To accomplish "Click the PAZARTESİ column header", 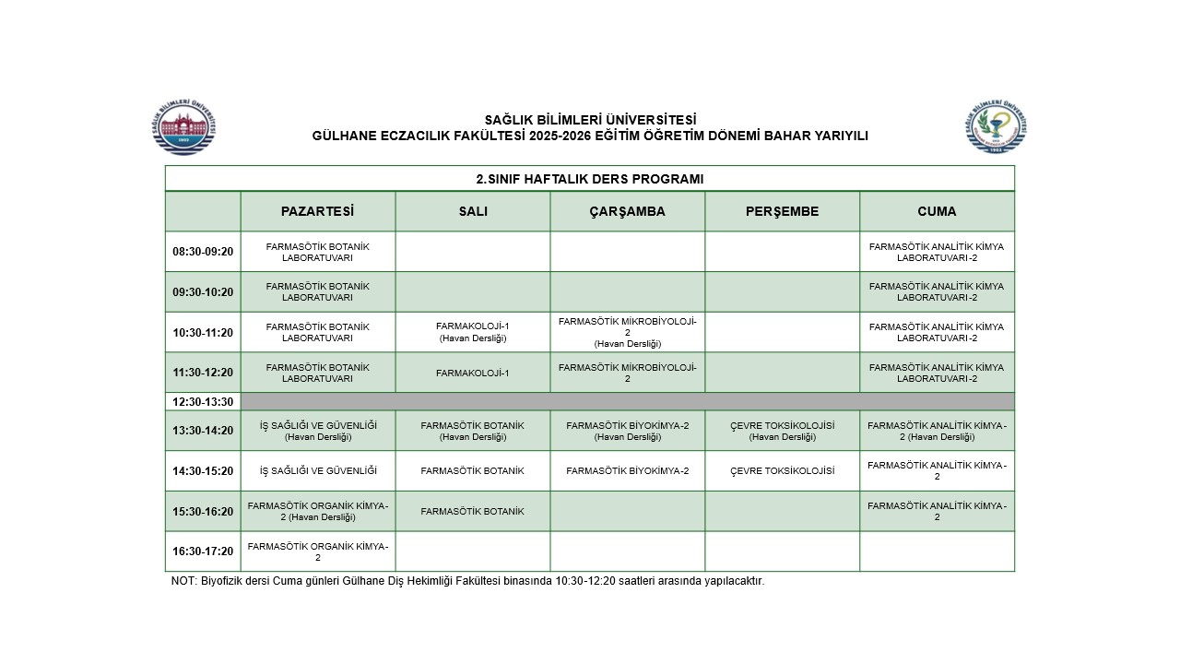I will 317,211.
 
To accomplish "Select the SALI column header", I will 473,211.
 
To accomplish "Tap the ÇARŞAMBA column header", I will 627,211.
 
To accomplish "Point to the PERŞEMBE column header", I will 782,211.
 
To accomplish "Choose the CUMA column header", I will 937,211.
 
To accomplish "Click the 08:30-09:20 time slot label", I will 203,252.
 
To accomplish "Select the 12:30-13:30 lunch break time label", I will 203,402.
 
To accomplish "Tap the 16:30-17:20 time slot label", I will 203,551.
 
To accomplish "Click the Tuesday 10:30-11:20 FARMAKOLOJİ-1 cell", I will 473,332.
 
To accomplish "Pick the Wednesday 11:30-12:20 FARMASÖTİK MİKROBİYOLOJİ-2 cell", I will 627,373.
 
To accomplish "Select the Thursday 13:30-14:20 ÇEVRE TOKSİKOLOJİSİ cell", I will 782,431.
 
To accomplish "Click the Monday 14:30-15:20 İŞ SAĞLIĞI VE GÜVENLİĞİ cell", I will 318,471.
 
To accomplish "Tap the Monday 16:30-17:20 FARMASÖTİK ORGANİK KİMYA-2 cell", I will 318,551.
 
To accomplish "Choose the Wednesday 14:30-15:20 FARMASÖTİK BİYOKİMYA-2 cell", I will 627,471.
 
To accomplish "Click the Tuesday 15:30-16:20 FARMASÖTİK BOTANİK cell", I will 473,511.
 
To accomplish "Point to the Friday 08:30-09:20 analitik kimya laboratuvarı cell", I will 937,252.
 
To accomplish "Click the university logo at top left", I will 184,125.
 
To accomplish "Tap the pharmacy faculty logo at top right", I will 997,125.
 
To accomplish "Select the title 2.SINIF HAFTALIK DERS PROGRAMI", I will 590,179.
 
